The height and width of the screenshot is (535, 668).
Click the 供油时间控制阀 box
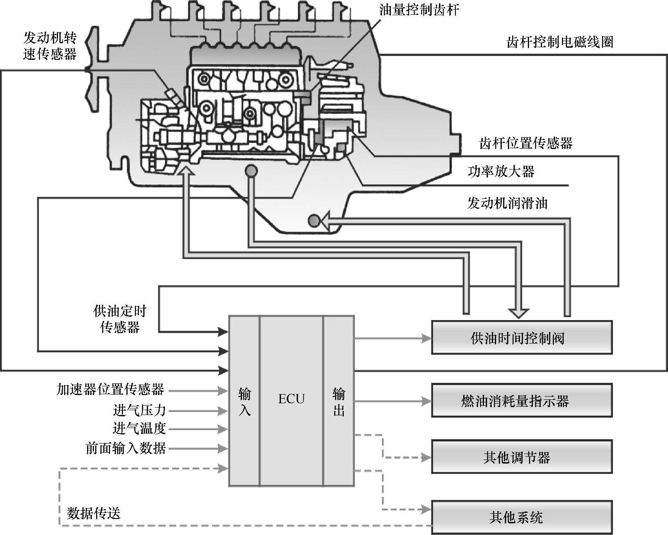pyautogui.click(x=522, y=337)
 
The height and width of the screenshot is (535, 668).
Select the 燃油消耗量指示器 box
pyautogui.click(x=522, y=401)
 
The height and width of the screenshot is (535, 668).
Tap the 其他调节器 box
pyautogui.click(x=522, y=457)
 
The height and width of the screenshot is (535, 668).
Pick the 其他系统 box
pyautogui.click(x=522, y=517)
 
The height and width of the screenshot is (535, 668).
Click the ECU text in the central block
pyautogui.click(x=291, y=399)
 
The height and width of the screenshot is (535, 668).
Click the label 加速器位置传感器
pyautogui.click(x=110, y=389)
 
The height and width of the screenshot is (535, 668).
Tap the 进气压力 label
pyautogui.click(x=139, y=409)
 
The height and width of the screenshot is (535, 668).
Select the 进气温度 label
pyautogui.click(x=139, y=428)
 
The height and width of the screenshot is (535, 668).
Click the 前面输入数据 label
pyautogui.click(x=126, y=447)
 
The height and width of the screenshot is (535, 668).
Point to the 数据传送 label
pyautogui.click(x=94, y=513)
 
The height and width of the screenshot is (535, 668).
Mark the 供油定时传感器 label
pyautogui.click(x=120, y=319)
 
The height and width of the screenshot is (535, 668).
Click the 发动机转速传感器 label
pyautogui.click(x=50, y=46)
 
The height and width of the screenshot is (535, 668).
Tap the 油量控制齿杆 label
pyautogui.click(x=419, y=10)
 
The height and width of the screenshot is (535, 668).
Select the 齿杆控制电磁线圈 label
pyautogui.click(x=560, y=42)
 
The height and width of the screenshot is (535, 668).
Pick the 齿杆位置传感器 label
pyautogui.click(x=526, y=143)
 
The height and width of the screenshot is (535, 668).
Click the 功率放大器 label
pyautogui.click(x=501, y=172)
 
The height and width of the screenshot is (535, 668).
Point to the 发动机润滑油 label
pyautogui.click(x=507, y=203)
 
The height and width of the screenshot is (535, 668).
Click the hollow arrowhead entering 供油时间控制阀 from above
pyautogui.click(x=518, y=313)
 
